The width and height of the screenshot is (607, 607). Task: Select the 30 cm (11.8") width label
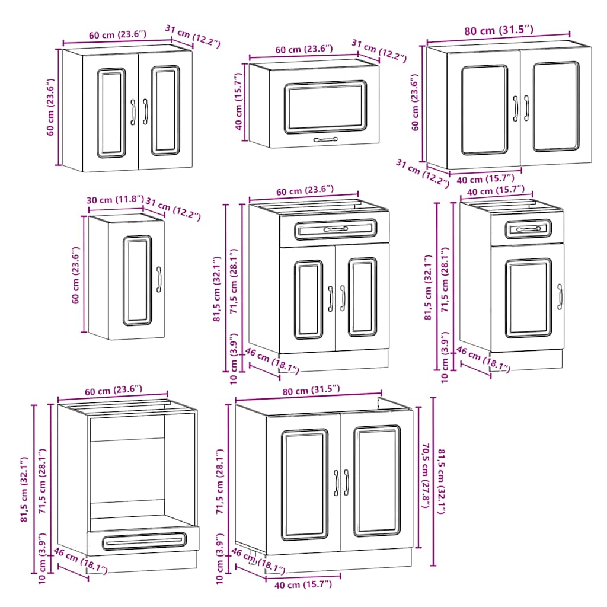(115, 200)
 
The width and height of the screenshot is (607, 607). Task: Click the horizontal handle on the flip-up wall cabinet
(325, 140)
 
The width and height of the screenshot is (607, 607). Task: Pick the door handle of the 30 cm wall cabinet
(159, 280)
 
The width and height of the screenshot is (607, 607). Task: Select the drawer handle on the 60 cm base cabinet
(336, 229)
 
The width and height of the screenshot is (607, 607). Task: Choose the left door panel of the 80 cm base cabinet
(304, 484)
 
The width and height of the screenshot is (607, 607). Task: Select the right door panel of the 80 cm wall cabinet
(555, 107)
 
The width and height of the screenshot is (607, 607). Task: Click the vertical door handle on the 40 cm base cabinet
(560, 296)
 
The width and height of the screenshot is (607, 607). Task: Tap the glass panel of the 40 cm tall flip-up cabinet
(325, 107)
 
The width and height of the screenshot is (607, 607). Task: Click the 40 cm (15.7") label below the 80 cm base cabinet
(303, 585)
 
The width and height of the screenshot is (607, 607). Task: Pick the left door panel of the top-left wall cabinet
(111, 113)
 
